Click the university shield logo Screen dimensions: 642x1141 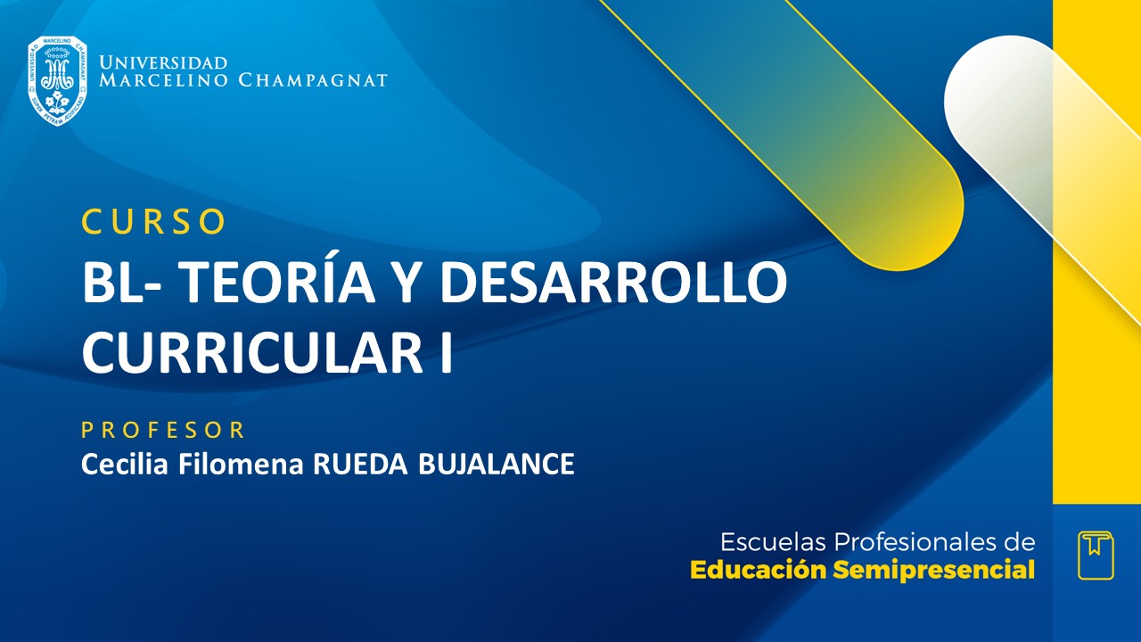coord(57,80)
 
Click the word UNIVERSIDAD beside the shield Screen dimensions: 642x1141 coord(163,63)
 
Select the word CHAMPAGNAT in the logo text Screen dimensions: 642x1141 coord(313,81)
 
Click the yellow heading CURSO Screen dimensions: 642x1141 coord(152,222)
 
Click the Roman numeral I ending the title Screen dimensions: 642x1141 coord(445,351)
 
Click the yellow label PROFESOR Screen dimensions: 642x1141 coord(163,431)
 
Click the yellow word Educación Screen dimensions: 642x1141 coord(758,570)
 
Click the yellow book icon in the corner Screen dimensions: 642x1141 coord(1095,555)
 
